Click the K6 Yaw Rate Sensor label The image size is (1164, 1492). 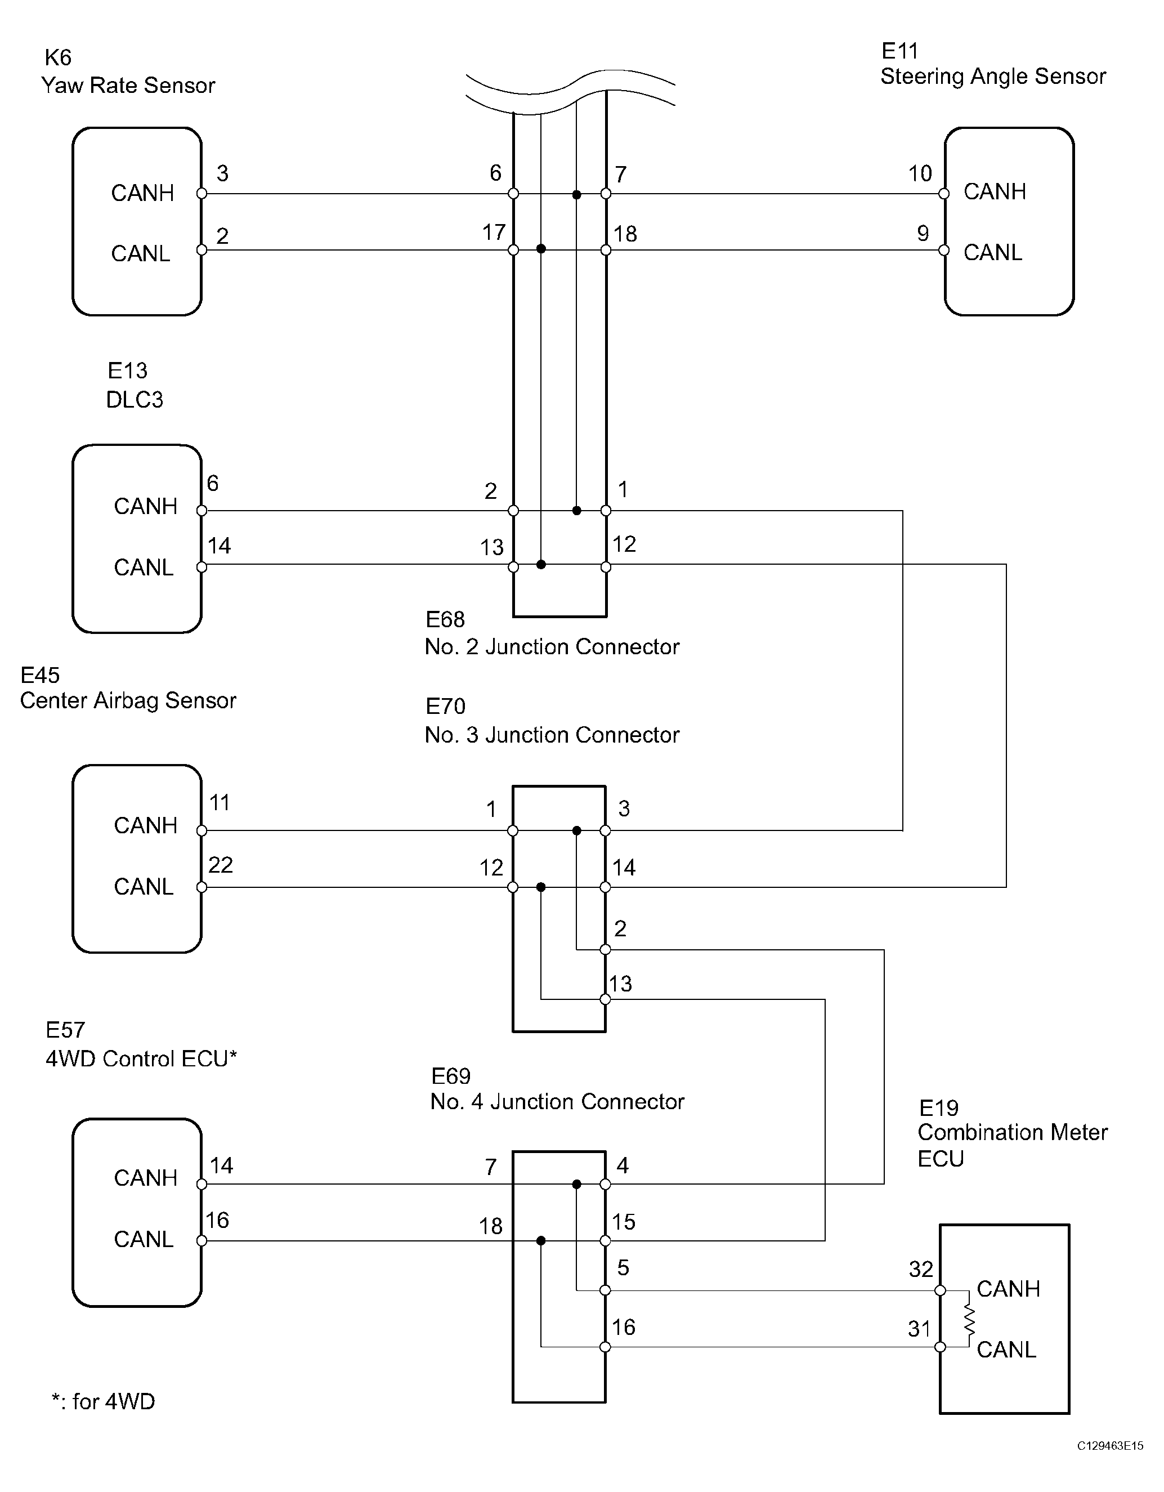coord(128,72)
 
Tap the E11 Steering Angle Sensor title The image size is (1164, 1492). coord(992,64)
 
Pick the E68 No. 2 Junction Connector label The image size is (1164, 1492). coord(552,633)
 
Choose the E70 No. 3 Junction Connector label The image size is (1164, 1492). coord(552,721)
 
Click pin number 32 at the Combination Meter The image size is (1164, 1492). coord(921,1268)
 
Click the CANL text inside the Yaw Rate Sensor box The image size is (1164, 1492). coord(141,253)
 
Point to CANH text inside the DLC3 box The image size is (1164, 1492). coord(145,506)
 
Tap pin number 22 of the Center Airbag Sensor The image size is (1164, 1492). coord(221,865)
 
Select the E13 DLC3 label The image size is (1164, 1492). coord(135,385)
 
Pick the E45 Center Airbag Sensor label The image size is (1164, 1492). coord(128,687)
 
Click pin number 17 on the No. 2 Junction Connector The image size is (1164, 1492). coord(494,233)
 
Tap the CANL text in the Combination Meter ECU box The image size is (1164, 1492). coord(1006,1349)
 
